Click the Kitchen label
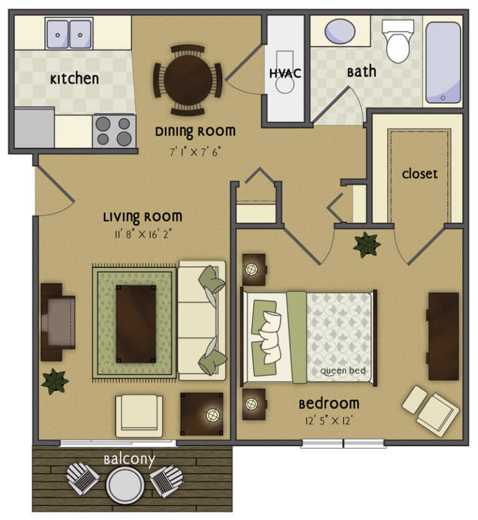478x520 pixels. [x=74, y=79]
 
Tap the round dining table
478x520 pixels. [x=187, y=80]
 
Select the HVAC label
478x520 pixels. [x=286, y=73]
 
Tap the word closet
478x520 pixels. [x=419, y=174]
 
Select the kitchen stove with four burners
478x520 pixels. [x=115, y=130]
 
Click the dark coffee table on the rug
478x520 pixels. [x=136, y=323]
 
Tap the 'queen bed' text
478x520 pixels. [x=342, y=372]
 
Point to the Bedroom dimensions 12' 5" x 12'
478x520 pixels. [x=330, y=420]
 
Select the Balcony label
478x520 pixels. [x=129, y=460]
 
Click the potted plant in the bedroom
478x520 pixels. [x=366, y=245]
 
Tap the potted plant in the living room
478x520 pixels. [x=55, y=381]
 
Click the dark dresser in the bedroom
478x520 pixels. [x=443, y=335]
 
